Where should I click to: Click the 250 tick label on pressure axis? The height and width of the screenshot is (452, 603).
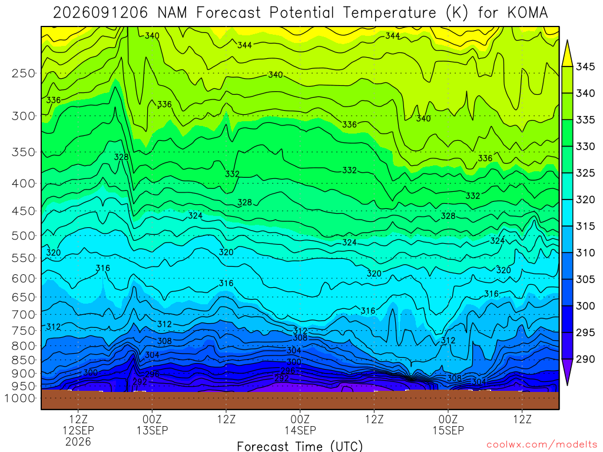(23, 73)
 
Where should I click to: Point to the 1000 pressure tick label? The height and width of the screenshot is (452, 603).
(19, 398)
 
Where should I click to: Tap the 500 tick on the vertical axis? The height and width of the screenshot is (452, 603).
(23, 235)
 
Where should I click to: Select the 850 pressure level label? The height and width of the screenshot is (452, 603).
(23, 360)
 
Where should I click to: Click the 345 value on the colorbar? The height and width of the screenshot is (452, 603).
(585, 67)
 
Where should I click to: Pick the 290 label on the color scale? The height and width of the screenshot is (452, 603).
(585, 359)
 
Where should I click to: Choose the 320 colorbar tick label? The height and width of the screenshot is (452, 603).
(585, 200)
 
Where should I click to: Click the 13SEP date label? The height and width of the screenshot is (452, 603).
(153, 430)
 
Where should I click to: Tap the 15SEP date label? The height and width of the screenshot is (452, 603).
(448, 430)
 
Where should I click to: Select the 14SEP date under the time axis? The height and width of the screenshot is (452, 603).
(300, 430)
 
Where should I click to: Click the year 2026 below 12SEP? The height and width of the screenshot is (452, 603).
(78, 441)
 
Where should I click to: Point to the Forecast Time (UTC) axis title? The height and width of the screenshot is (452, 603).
(300, 446)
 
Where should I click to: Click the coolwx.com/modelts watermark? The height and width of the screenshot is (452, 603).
(542, 445)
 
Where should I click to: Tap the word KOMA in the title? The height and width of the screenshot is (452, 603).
(528, 13)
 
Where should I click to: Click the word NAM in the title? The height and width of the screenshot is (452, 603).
(173, 13)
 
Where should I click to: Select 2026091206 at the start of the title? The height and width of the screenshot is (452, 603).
(100, 13)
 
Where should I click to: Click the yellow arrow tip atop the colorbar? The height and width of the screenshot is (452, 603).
(567, 40)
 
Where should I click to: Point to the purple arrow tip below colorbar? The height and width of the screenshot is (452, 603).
(567, 385)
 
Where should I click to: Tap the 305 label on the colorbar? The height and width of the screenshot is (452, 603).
(585, 280)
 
